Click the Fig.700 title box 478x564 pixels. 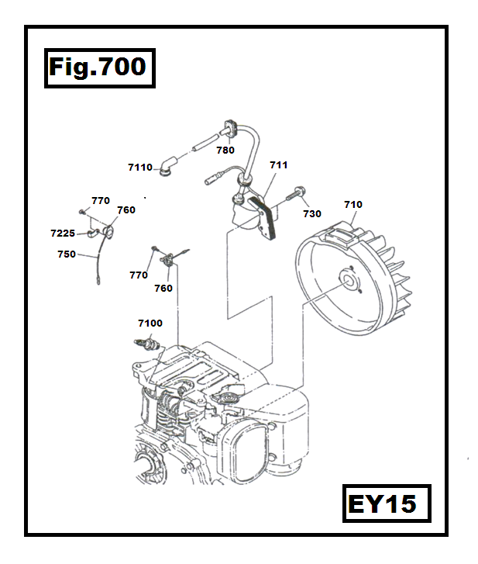pyautogui.click(x=98, y=67)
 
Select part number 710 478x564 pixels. pyautogui.click(x=352, y=205)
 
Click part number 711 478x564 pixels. pyautogui.click(x=278, y=165)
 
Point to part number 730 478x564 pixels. pyautogui.click(x=311, y=213)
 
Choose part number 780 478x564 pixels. pyautogui.click(x=225, y=151)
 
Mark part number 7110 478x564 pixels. pyautogui.click(x=140, y=167)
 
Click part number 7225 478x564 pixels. pyautogui.click(x=63, y=233)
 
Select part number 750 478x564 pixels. pyautogui.click(x=67, y=254)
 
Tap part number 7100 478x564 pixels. pyautogui.click(x=150, y=323)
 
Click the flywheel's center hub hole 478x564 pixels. pyautogui.click(x=346, y=281)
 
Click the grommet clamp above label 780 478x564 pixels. pyautogui.click(x=230, y=126)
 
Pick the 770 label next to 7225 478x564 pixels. pyautogui.click(x=101, y=200)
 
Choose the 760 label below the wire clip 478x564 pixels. pyautogui.click(x=163, y=289)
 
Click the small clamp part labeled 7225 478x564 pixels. pyautogui.click(x=93, y=231)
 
